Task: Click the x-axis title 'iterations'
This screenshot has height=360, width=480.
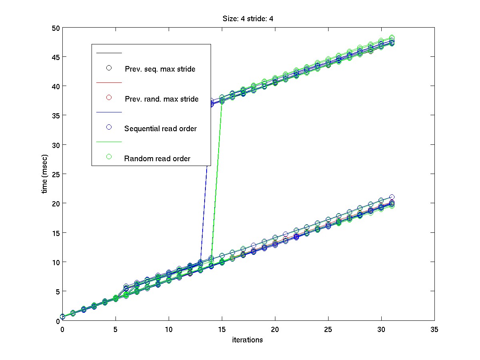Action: point(247,340)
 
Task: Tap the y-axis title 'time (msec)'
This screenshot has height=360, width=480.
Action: point(45,174)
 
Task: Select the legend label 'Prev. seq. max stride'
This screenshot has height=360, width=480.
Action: point(160,69)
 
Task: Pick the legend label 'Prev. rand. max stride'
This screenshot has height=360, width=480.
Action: point(161,99)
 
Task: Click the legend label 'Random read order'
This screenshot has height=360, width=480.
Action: point(157,158)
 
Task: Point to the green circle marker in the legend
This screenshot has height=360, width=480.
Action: point(108,157)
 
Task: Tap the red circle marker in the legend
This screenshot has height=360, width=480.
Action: point(108,97)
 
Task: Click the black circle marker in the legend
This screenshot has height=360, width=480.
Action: point(108,68)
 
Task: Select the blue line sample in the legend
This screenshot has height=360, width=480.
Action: point(108,112)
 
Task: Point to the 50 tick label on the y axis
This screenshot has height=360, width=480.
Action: point(55,28)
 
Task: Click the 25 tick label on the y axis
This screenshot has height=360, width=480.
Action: point(55,174)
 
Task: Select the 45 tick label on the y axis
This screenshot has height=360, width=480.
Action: point(55,57)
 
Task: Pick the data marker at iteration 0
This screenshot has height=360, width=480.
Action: point(62,316)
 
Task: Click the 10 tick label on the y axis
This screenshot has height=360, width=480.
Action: point(55,262)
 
